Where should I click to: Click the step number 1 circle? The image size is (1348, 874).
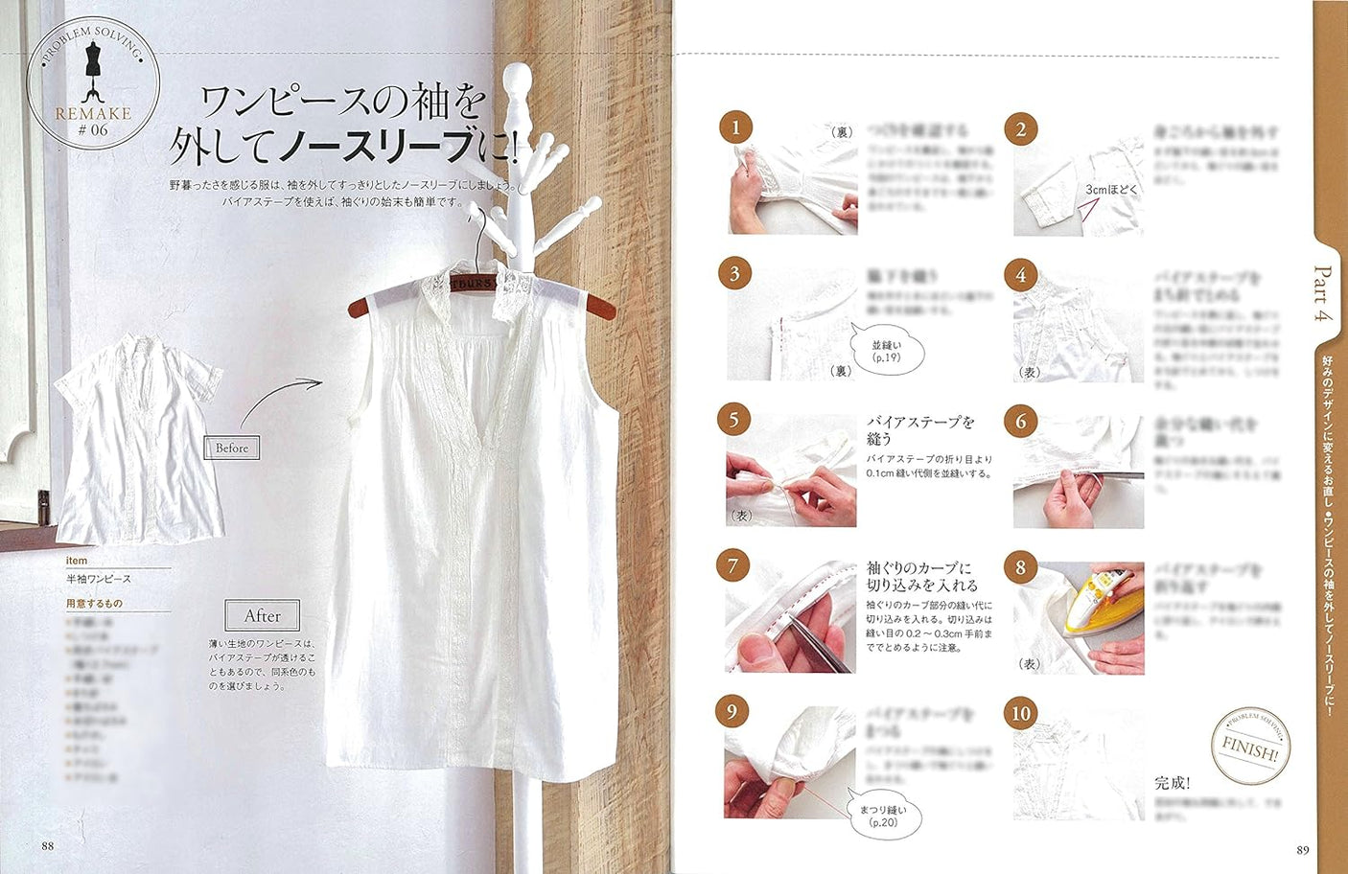[x=735, y=127]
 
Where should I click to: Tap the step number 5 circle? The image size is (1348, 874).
[x=733, y=420]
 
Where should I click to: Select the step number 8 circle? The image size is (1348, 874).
[x=1020, y=566]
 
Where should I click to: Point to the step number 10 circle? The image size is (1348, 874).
[x=1020, y=713]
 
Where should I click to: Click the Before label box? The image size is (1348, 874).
[x=232, y=448]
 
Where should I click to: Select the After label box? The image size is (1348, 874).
[x=262, y=615]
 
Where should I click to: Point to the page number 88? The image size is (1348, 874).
[x=48, y=845]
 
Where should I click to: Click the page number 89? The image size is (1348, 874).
[x=1302, y=849]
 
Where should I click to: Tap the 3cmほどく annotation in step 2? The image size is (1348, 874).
[x=1111, y=190]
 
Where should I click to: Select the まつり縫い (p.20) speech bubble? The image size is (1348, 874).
[x=882, y=816]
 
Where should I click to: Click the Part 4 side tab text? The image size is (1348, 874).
[x=1323, y=294]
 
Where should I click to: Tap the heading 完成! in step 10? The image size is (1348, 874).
[x=1172, y=783]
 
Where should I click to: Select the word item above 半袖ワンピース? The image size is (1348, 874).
[x=77, y=561]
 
